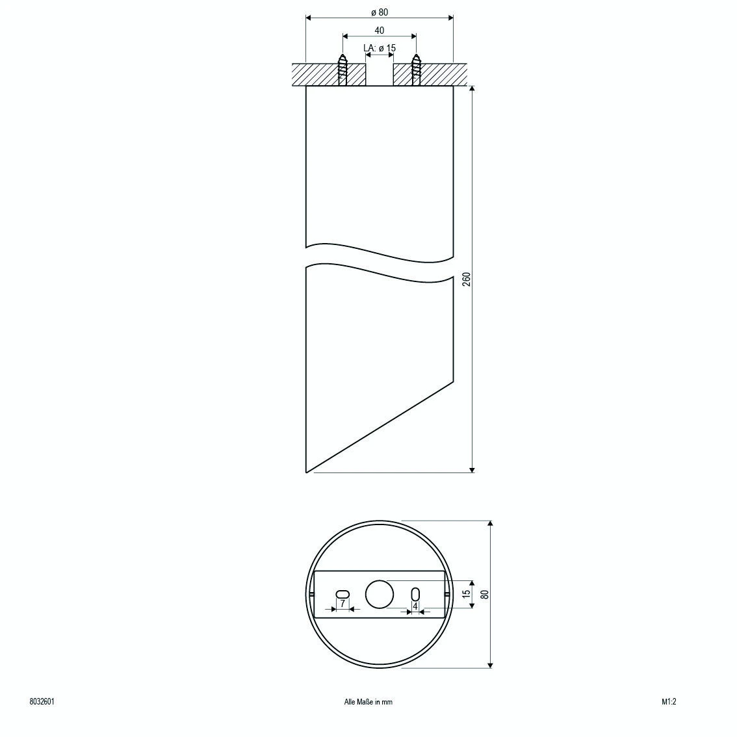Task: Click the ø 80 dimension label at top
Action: click(x=380, y=12)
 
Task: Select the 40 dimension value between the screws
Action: click(x=380, y=31)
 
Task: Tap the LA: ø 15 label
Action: click(x=380, y=48)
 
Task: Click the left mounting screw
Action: click(x=343, y=70)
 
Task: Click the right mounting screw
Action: click(x=416, y=70)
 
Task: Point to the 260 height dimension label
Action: click(x=465, y=279)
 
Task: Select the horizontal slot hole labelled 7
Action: click(x=343, y=593)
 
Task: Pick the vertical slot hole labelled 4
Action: click(x=415, y=594)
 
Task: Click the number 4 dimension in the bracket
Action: click(x=415, y=606)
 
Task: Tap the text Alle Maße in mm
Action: click(x=368, y=702)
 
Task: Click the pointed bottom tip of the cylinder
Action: click(x=307, y=472)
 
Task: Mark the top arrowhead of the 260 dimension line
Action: click(x=472, y=88)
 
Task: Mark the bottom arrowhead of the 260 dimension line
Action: click(x=472, y=469)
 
